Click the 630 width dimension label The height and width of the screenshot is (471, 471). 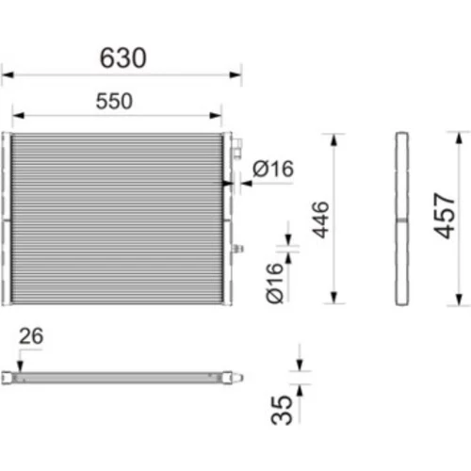click(122, 57)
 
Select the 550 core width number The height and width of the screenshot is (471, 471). click(114, 101)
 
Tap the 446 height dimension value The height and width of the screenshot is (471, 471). click(320, 219)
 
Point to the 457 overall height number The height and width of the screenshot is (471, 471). click(444, 216)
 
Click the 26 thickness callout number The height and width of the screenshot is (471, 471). click(31, 336)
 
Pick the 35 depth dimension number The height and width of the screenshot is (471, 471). click(282, 410)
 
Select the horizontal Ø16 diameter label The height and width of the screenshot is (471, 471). click(273, 169)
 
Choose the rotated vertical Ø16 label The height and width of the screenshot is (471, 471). click(274, 284)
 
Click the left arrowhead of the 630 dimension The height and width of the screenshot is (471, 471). click(8, 75)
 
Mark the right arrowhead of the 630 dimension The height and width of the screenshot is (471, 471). click(235, 74)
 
